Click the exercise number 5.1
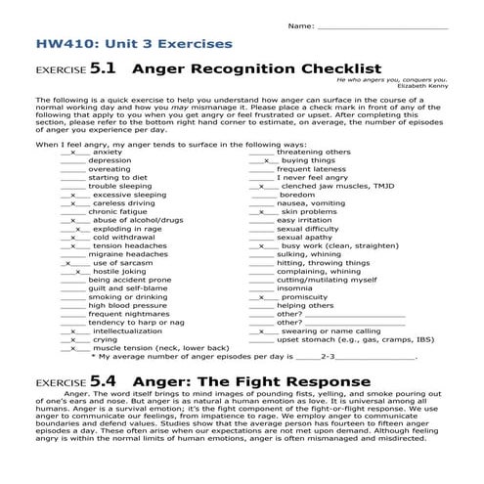tap(104, 70)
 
